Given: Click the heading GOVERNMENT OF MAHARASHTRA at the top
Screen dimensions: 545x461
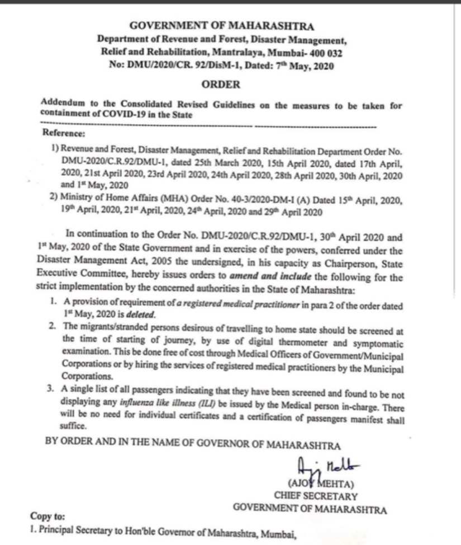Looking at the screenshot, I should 222,26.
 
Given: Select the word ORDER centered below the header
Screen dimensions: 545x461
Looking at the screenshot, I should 222,85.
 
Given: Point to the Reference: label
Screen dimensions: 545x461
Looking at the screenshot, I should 64,133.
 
